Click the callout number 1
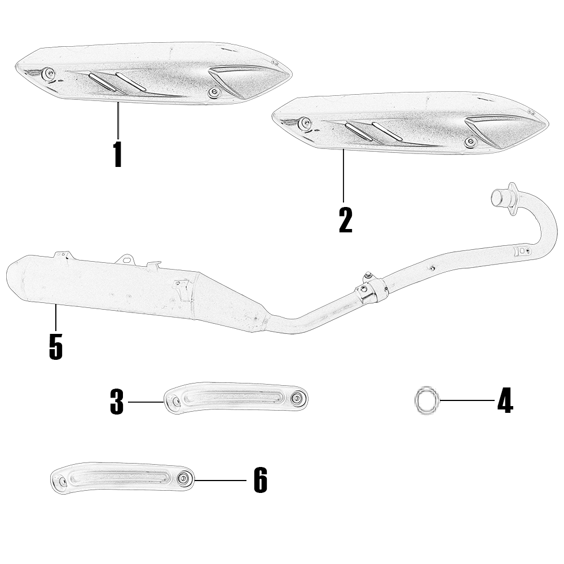click(118, 155)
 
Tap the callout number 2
click(346, 220)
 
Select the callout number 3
click(117, 402)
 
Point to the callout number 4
click(505, 400)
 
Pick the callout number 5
click(56, 346)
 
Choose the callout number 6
click(261, 480)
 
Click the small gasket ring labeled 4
click(427, 400)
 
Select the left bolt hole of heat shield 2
click(305, 122)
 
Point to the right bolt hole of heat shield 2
click(470, 142)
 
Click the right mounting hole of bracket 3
click(297, 398)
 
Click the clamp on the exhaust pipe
click(371, 289)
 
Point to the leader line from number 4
click(467, 400)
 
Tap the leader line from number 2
click(343, 175)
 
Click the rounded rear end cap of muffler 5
click(16, 277)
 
